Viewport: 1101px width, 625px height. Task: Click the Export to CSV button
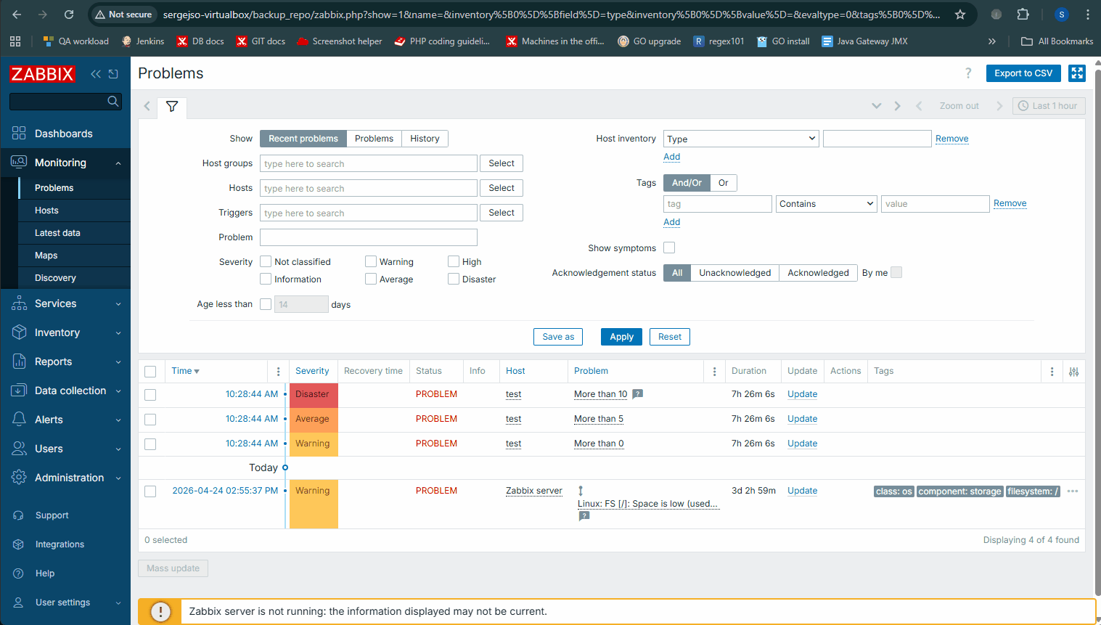(1023, 73)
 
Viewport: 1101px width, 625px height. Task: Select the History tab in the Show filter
(425, 139)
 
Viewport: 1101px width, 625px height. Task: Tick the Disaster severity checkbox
(453, 279)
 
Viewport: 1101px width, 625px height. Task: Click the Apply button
(621, 337)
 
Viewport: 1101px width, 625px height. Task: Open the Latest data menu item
(57, 233)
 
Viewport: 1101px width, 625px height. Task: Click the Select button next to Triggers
(502, 213)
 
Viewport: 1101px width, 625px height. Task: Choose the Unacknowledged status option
(734, 273)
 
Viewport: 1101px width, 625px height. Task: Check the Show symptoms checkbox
(669, 248)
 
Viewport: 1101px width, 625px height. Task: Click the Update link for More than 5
(802, 419)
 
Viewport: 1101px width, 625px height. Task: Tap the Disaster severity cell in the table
(314, 395)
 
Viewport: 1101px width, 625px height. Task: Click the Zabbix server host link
(533, 491)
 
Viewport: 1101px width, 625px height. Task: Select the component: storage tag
(959, 491)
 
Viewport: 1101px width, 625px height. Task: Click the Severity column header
(312, 371)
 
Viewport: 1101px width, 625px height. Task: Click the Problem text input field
(368, 237)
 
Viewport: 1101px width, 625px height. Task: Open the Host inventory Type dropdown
(741, 139)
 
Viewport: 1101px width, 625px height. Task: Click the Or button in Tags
(723, 183)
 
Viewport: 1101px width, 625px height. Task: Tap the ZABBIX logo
(42, 74)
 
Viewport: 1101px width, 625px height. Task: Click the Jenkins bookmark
(142, 41)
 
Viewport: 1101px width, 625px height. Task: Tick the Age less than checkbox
(266, 304)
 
